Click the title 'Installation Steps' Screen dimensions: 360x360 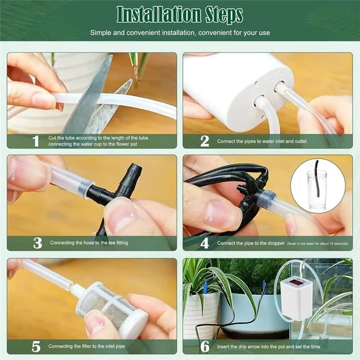coord(180,14)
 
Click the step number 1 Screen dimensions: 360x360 coord(36,141)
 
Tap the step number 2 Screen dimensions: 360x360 coord(205,141)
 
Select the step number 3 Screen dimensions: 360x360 coord(37,243)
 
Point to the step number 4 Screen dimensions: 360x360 coord(205,243)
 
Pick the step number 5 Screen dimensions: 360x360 coord(36,346)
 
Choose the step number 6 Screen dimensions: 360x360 coord(205,346)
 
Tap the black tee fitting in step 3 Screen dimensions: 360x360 coord(119,189)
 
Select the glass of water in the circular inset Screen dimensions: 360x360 coord(317,189)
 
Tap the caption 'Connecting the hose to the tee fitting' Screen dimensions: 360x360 coord(89,243)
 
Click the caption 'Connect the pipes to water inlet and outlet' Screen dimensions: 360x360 coord(262,141)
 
